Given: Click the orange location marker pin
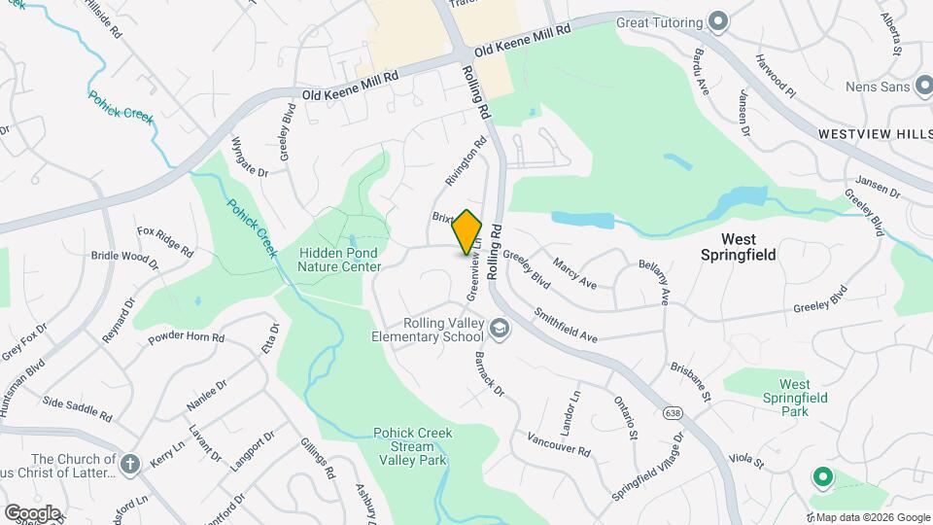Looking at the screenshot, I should (467, 232).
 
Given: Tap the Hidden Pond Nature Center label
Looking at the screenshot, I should (337, 259).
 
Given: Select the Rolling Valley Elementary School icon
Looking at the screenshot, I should (500, 330).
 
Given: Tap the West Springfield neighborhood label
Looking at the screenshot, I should (739, 246).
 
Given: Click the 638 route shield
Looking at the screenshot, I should (673, 413).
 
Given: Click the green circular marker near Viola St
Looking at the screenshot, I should (822, 476).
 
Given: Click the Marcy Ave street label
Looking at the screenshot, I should (573, 272).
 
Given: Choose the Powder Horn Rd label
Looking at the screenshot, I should (187, 339).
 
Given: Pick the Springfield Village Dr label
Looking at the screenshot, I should (647, 466).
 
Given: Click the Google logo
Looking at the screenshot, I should (32, 512).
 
